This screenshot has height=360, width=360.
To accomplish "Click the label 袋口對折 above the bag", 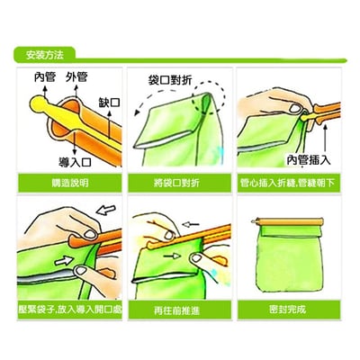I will coord(175,80).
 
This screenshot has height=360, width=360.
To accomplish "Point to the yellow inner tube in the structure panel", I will coord(54,104).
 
